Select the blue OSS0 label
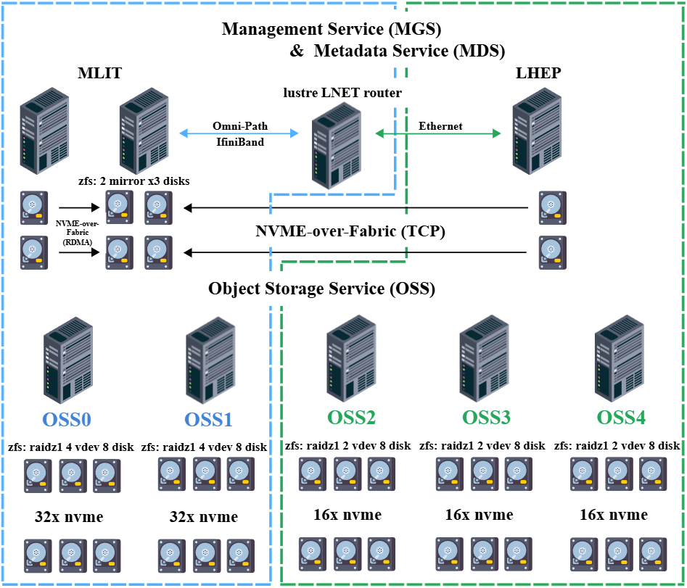coord(67,420)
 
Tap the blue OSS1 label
coord(208,420)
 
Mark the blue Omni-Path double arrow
coord(239,133)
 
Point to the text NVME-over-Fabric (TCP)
coord(350,232)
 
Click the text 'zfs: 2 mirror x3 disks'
coord(133,181)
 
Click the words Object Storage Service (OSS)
coord(321,289)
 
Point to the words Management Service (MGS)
coord(332,30)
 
